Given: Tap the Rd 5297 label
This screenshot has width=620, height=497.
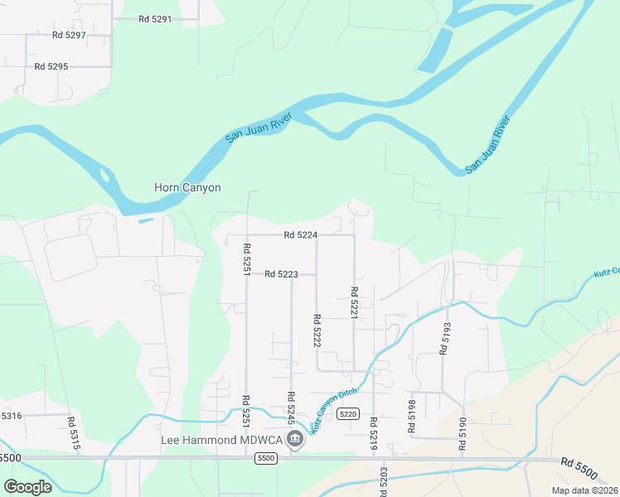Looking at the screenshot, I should pos(69,35).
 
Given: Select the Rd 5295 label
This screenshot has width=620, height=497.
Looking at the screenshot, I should pos(51,66).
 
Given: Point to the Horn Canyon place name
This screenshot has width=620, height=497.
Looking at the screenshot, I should pos(187,188).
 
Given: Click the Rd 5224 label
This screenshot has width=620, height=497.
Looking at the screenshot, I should pos(300,235).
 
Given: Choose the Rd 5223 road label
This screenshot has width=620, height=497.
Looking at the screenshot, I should pos(281,274).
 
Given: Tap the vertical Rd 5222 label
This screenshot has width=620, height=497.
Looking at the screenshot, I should pos(317,330).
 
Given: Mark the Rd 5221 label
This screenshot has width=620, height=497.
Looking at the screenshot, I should pos(354,302).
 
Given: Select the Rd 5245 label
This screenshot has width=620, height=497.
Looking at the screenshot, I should pos(291,408).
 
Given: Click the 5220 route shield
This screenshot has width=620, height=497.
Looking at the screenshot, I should pos(347,414).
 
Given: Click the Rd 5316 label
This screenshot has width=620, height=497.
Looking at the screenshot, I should pos(12,416).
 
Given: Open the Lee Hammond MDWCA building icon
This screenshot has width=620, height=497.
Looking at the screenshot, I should pos(295,442).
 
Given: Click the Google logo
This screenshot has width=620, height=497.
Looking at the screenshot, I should pos(27,487).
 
